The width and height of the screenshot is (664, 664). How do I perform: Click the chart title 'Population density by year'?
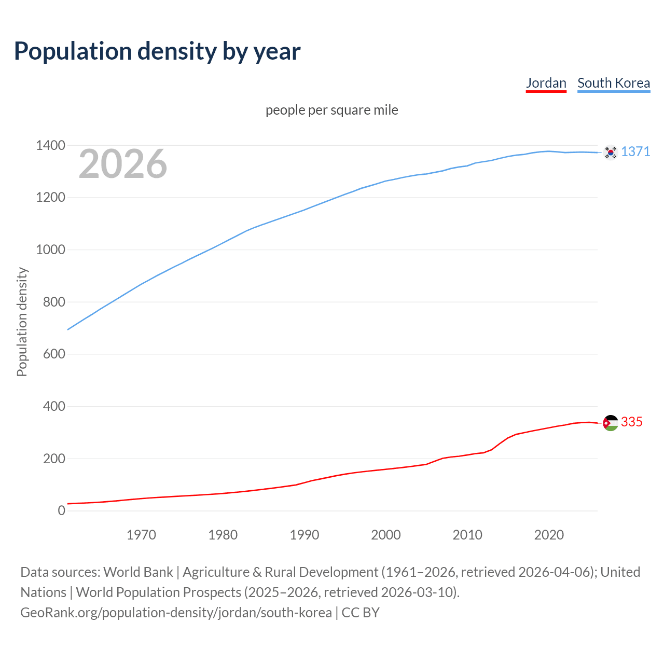pos(157,51)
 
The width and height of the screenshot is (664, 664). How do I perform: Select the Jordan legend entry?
pos(546,83)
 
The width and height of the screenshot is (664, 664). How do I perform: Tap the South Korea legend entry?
pos(613,83)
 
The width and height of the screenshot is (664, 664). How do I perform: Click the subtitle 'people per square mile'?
pos(331,110)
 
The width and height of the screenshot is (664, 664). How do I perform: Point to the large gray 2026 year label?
pos(123,164)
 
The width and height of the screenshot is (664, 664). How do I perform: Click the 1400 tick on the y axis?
pos(50,145)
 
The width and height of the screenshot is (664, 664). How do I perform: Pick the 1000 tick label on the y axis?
pos(50,250)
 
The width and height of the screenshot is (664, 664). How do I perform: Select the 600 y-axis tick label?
pos(54,354)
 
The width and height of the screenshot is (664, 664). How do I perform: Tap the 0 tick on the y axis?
pos(62,510)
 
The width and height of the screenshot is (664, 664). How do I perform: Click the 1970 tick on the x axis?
pos(141,535)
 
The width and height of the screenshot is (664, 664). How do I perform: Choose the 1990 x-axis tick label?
pos(305,535)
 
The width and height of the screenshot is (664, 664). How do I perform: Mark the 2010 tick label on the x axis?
pos(467,535)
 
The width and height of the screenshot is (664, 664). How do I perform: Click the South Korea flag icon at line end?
pos(611,152)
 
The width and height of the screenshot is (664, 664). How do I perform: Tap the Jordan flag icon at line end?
pos(611,423)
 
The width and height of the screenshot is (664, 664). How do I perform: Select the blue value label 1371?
pos(635,151)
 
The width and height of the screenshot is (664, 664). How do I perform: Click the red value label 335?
pos(631,422)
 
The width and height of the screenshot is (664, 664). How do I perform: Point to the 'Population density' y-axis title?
pos(22,322)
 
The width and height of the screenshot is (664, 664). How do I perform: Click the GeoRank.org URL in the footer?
pos(176,612)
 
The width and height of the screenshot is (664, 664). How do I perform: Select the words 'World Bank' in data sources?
pos(138,572)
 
